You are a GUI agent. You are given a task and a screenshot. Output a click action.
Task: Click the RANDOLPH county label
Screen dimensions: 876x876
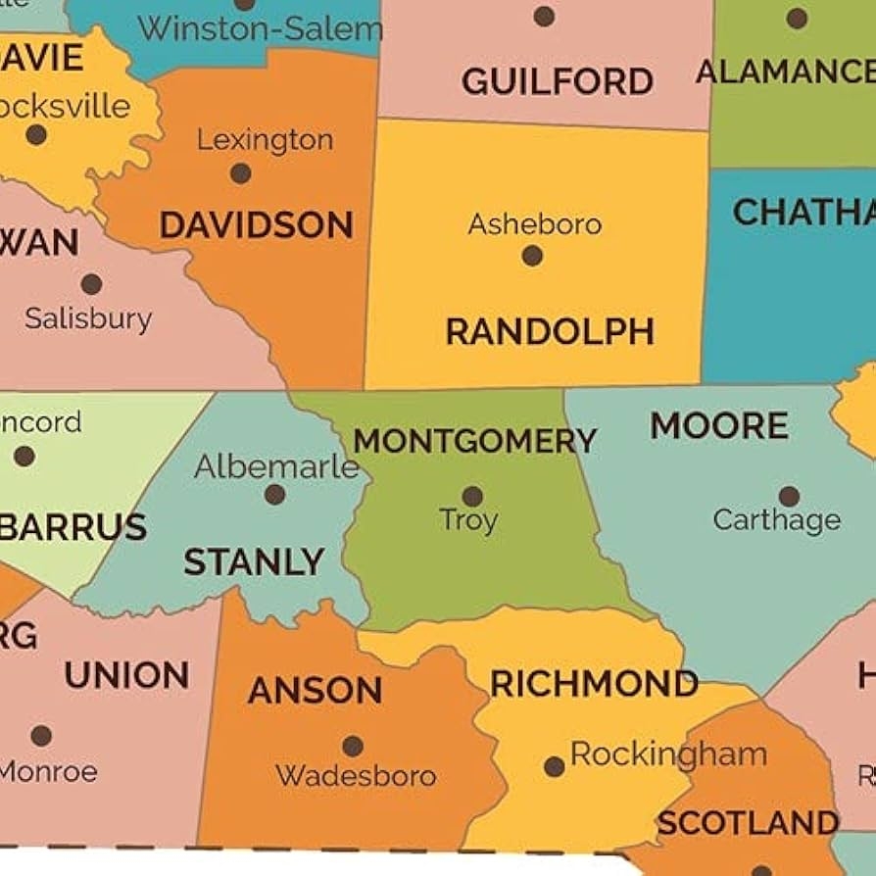pos(550,332)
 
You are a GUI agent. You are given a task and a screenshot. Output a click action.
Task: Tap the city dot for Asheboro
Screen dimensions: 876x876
pos(532,256)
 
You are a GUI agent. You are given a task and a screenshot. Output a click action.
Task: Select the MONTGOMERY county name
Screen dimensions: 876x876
pos(474,441)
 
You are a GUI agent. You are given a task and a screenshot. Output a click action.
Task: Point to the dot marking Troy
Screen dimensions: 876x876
pos(472,497)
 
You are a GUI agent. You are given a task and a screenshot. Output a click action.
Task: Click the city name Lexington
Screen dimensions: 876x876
pos(265,140)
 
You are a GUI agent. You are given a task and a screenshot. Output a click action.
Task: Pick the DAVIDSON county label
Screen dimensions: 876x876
pos(256,225)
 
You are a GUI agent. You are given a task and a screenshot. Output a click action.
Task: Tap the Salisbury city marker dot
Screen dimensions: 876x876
pos(91,284)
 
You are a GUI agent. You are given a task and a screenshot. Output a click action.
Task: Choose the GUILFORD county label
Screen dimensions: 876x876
pos(558,81)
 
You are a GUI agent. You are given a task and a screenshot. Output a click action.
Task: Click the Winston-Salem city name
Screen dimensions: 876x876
pos(259,28)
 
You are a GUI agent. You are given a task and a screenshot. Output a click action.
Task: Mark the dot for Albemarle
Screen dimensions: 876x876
pos(275,495)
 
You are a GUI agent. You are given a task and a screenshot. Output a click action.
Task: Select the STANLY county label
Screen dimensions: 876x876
pos(254,562)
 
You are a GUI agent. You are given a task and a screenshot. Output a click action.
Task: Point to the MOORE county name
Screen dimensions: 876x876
pos(719,426)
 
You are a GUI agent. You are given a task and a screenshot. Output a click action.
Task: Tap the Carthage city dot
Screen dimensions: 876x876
pos(789,497)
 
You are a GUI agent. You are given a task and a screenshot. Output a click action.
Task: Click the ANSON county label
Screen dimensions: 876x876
pos(315,691)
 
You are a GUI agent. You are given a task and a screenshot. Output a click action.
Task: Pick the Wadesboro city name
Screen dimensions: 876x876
pos(356,776)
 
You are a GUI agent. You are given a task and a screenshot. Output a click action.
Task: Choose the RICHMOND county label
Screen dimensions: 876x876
pos(594,684)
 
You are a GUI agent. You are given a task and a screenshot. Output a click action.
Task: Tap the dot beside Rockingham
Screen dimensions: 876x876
pos(555,766)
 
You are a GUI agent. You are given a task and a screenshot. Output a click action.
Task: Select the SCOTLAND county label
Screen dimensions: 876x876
pos(747,823)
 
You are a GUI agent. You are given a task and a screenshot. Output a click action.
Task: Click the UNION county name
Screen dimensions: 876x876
pos(126,675)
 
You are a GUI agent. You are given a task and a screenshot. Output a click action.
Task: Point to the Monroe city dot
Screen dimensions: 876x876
pos(41,736)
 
